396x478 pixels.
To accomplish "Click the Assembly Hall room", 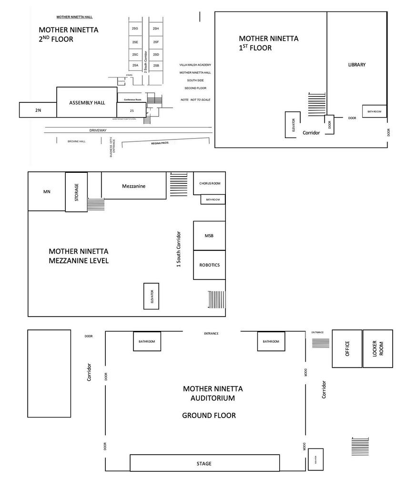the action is [87, 102].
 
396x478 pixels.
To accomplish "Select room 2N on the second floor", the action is [38, 110].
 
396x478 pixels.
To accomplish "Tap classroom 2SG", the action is [135, 29].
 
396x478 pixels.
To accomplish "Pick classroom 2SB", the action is [156, 65].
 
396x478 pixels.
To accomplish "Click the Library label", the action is [356, 65].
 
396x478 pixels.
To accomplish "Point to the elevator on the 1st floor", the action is [293, 125].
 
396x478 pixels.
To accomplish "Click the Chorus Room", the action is [209, 183].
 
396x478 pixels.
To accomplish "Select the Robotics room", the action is [209, 265].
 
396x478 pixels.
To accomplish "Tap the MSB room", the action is [209, 235].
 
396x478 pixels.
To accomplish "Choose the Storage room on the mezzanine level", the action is [76, 191].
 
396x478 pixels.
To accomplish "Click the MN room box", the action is [47, 192].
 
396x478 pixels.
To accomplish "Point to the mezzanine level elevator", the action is [152, 296].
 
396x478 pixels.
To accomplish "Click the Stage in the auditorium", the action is [204, 463].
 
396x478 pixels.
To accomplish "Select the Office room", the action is [347, 349].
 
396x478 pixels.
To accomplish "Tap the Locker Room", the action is [377, 349].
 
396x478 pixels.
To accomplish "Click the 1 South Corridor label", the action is [179, 249].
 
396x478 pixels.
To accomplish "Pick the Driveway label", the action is [98, 130].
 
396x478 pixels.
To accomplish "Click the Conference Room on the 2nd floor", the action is [132, 100].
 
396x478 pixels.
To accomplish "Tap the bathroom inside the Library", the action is [374, 111].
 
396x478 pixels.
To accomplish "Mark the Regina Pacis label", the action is [160, 143].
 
